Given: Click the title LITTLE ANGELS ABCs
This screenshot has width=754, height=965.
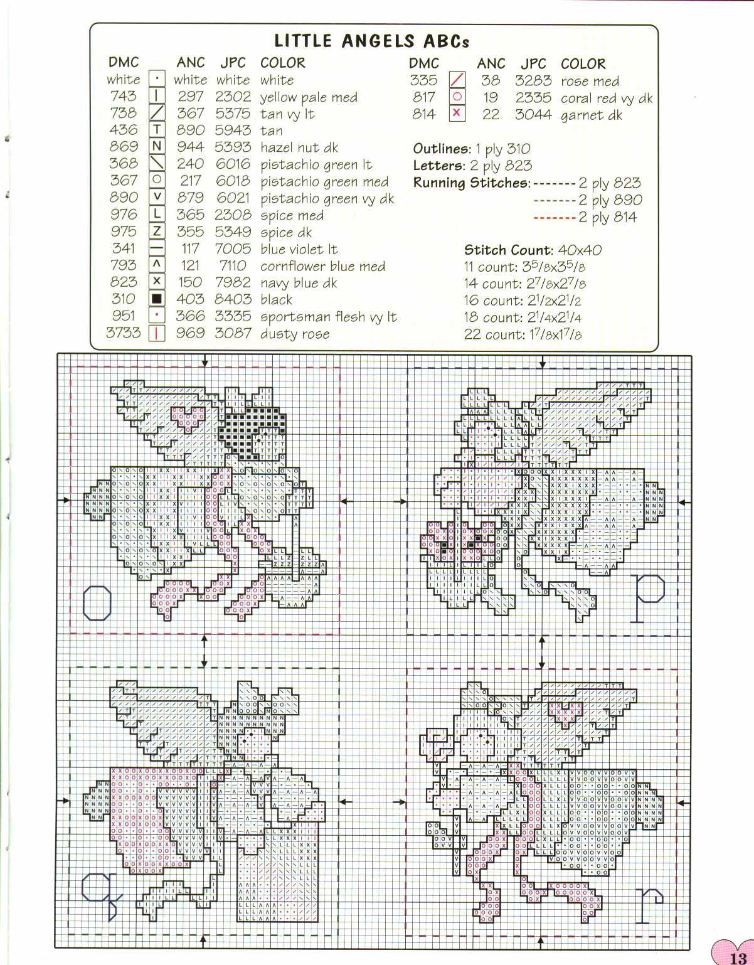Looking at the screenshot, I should (x=372, y=41).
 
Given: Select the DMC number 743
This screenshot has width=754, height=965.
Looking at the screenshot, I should (x=123, y=96).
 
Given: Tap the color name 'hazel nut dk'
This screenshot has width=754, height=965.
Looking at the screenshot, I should (x=299, y=147).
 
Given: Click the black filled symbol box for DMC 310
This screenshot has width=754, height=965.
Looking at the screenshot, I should (x=157, y=299).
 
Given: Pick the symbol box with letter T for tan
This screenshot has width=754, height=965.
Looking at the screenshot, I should (x=157, y=130).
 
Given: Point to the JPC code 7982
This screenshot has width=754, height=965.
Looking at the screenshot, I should (x=232, y=282).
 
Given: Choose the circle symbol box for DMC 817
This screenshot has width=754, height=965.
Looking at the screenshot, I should (x=457, y=97).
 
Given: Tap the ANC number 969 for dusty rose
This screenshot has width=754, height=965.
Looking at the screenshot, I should (x=190, y=333).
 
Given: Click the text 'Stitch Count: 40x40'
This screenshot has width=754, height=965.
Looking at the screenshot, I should (x=533, y=250).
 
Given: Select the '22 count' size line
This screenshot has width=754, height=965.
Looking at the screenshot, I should (x=523, y=334).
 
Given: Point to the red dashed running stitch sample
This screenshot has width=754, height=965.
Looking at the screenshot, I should (x=554, y=218).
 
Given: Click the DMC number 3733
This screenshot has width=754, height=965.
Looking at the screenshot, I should (x=123, y=333).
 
